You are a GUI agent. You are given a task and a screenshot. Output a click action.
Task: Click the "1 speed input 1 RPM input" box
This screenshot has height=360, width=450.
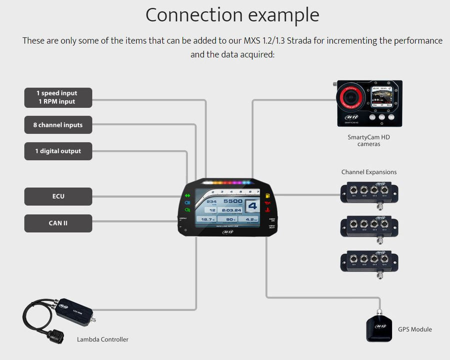(x=58, y=97)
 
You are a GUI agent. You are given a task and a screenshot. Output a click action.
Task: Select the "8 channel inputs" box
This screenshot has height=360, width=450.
(x=58, y=125)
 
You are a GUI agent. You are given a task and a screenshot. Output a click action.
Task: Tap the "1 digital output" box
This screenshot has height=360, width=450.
(x=58, y=151)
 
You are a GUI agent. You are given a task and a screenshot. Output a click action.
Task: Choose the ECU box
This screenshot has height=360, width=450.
(x=58, y=196)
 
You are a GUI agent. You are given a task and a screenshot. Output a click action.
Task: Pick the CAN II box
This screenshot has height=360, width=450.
(x=58, y=223)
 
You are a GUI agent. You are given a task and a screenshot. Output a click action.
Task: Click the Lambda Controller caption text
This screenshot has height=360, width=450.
(x=102, y=339)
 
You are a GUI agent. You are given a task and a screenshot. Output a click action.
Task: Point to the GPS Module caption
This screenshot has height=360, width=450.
(x=414, y=329)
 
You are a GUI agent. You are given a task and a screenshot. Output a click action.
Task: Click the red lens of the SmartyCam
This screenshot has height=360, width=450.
(x=352, y=97)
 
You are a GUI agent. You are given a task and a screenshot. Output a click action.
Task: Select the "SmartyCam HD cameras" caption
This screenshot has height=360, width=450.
(x=368, y=140)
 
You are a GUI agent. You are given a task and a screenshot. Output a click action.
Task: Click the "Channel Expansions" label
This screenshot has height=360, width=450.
(x=369, y=172)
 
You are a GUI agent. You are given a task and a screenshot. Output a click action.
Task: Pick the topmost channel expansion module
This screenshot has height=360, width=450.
(x=369, y=192)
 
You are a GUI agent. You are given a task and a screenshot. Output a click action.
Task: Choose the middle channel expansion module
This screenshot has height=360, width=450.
(x=369, y=226)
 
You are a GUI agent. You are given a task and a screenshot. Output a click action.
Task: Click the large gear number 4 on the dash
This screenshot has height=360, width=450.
(x=252, y=206)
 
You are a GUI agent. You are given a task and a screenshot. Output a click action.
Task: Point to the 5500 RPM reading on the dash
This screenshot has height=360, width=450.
(x=233, y=201)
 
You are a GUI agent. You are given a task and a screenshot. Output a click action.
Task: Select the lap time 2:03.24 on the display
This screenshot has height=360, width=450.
(x=232, y=210)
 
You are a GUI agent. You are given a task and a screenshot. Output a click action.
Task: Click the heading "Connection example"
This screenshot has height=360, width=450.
(x=232, y=15)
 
